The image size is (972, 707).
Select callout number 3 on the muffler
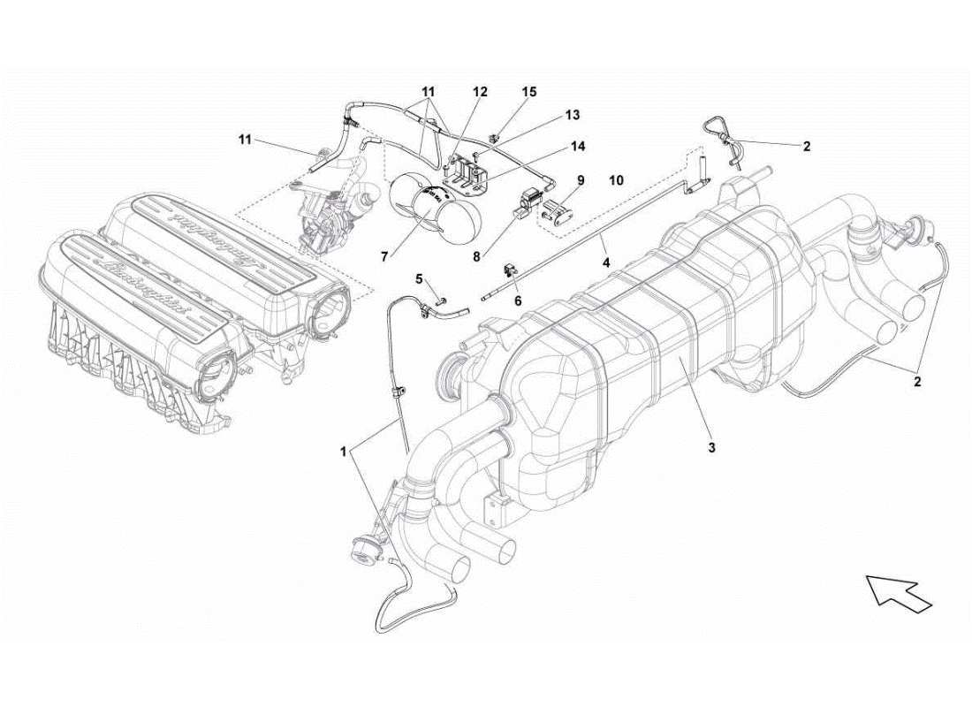click(x=710, y=448)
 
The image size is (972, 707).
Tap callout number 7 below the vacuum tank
click(x=384, y=256)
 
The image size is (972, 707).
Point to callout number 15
click(x=528, y=91)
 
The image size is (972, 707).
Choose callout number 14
click(x=578, y=146)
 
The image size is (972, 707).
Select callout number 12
click(x=479, y=91)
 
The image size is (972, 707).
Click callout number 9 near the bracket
click(x=580, y=179)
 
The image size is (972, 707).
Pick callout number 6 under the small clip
click(x=518, y=300)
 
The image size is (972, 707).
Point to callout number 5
click(x=420, y=278)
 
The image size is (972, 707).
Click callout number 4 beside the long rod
click(x=606, y=262)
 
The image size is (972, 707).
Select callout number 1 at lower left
click(x=343, y=451)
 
